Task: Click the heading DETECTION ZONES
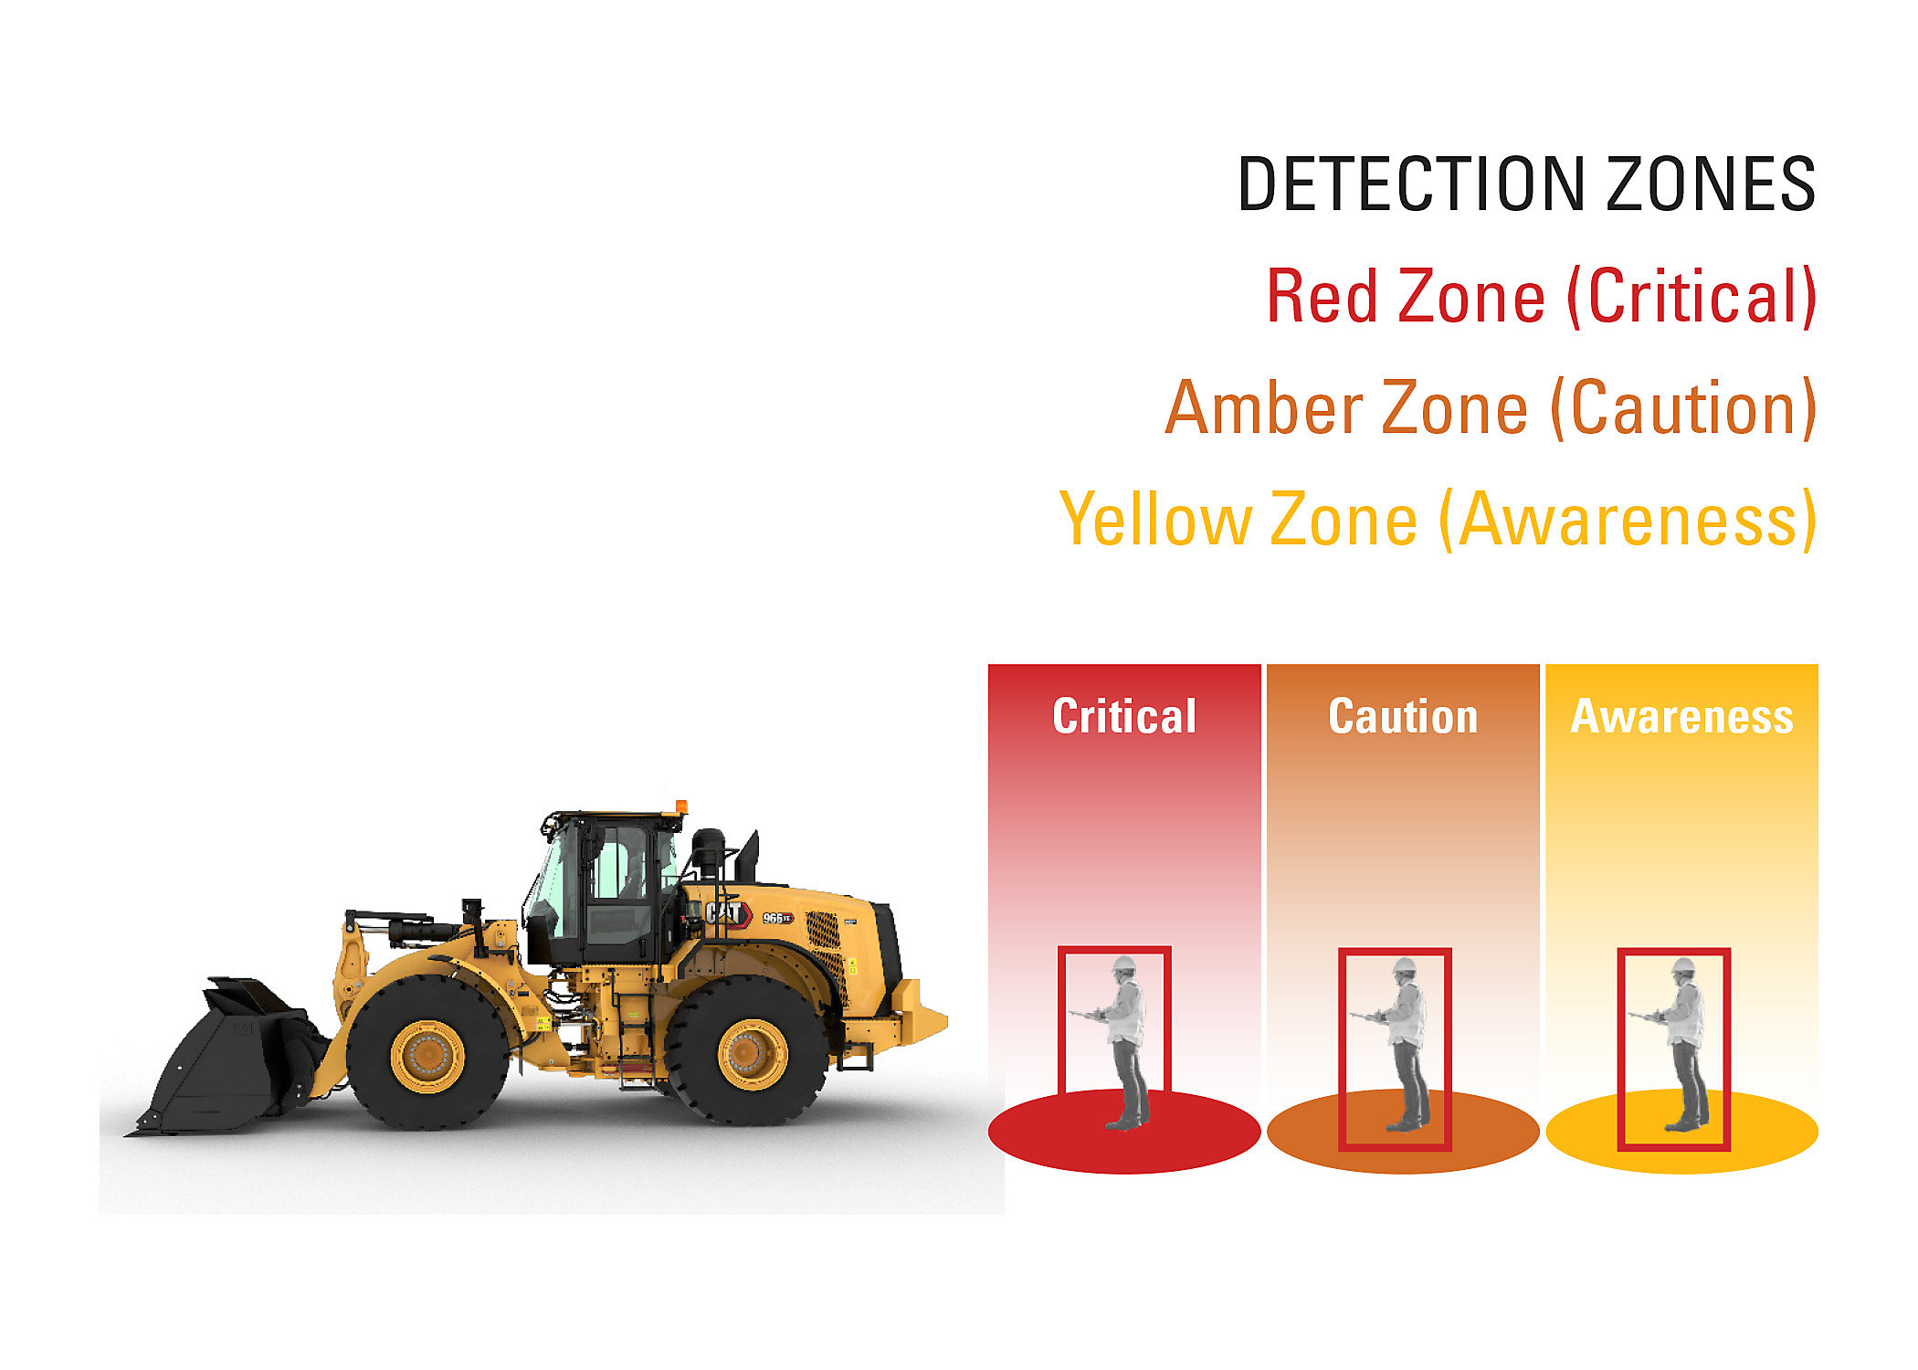[1525, 184]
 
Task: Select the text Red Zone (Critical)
[1541, 297]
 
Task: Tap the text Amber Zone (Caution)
[1491, 408]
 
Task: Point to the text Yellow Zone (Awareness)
[1438, 520]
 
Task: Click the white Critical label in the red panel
[1124, 716]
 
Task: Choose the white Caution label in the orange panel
[1403, 717]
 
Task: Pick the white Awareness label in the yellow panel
[1681, 717]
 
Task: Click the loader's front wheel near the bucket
[427, 1055]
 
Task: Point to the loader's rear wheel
[751, 1052]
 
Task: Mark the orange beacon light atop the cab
[680, 807]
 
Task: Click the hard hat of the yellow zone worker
[1682, 965]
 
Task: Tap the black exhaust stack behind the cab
[749, 859]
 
